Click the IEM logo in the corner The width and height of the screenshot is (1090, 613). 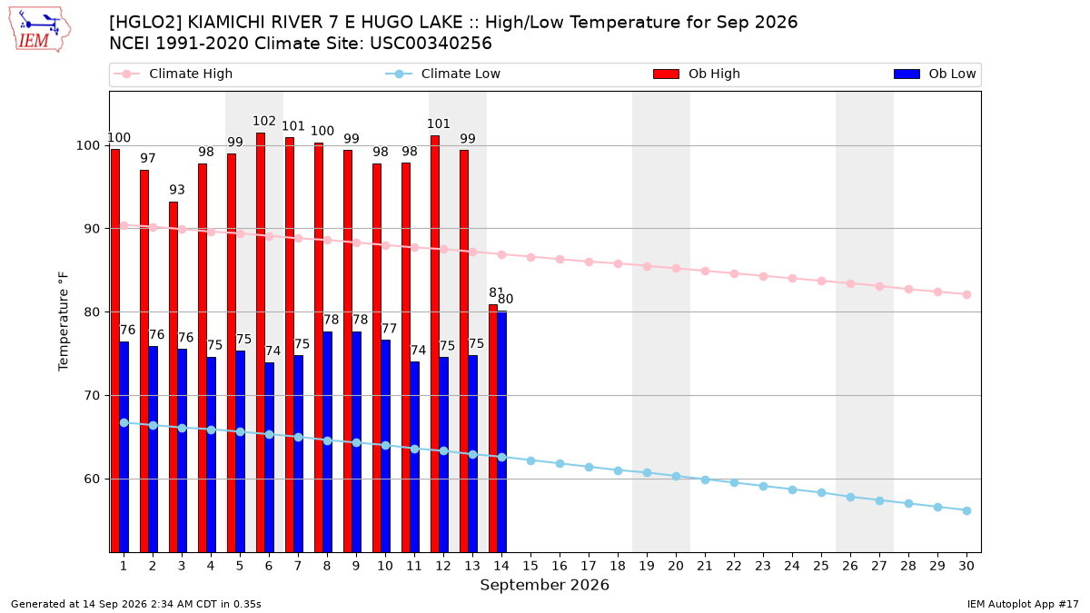point(40,30)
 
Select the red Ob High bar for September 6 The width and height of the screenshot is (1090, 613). point(261,342)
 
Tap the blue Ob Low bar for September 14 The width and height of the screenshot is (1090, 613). point(501,432)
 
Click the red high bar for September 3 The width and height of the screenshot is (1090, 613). point(173,377)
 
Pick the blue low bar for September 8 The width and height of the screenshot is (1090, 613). point(328,442)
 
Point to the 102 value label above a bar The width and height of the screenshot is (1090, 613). point(264,121)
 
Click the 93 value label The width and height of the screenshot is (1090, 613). point(177,190)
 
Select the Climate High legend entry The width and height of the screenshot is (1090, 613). point(173,74)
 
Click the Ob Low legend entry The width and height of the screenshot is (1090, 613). point(935,74)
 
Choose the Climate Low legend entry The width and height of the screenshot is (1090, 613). point(443,74)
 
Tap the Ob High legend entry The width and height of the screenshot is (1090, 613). point(697,74)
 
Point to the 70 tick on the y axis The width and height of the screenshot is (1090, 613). point(92,396)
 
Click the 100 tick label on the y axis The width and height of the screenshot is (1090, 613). point(87,145)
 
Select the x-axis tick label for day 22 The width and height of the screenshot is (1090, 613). point(734,567)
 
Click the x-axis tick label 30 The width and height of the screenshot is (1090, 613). point(966,567)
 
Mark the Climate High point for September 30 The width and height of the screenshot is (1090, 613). point(966,295)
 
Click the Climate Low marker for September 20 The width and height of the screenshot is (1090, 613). point(676,476)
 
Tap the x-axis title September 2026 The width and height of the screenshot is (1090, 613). point(544,585)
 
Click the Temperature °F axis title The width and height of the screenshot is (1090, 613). point(64,321)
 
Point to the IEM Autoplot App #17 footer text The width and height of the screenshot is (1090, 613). point(1023,604)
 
